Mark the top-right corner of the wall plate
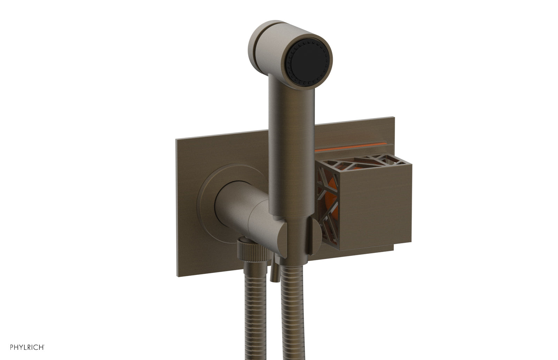pos(394,118)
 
